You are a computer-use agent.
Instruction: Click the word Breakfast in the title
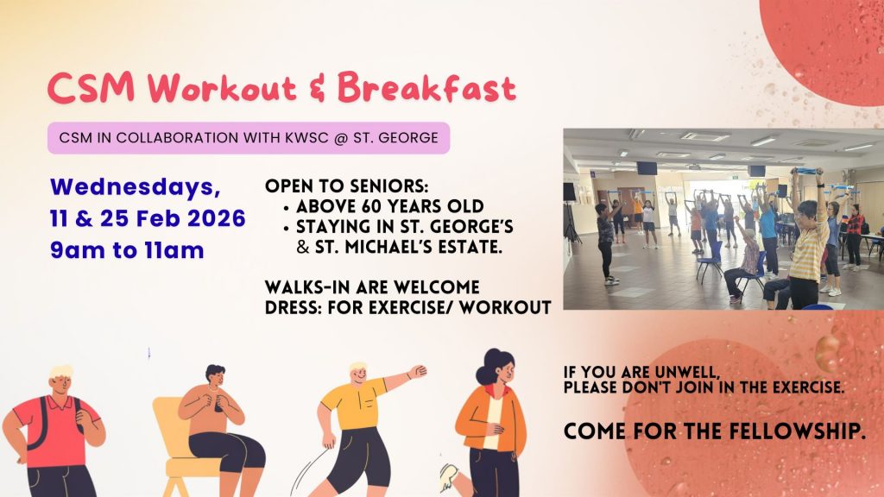426,89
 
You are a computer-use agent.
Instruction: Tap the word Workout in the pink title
222,89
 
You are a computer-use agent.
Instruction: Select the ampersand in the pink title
318,90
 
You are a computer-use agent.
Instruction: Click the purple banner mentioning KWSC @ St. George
249,138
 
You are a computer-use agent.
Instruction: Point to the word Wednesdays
136,187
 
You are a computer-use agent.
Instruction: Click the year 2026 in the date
217,218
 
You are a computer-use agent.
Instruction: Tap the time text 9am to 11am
127,250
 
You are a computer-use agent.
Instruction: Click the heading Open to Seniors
347,186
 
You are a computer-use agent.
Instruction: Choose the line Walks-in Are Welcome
372,287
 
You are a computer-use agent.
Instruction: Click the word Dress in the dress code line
291,308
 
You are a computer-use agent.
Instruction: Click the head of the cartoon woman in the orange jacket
496,367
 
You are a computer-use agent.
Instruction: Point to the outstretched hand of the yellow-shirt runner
418,371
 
